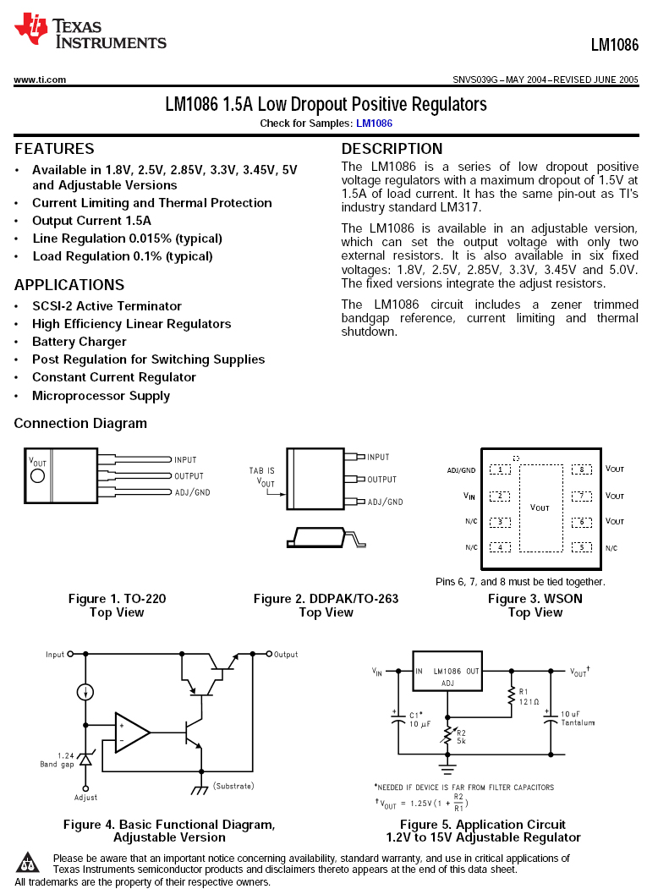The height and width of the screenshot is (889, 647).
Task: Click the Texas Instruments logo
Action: tap(90, 30)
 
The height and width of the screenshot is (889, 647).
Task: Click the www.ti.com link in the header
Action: tap(40, 80)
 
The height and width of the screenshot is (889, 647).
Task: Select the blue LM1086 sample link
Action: tap(374, 123)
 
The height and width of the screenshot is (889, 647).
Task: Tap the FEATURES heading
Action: tap(54, 149)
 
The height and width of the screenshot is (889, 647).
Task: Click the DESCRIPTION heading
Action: tap(392, 149)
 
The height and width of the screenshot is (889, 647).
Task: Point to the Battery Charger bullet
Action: tap(79, 342)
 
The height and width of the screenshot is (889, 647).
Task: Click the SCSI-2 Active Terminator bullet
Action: tap(107, 306)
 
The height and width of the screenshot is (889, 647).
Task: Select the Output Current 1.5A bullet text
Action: tap(91, 221)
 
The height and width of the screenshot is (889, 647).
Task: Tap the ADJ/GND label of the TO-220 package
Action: tap(192, 492)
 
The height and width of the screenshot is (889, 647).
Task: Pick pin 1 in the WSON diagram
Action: tap(500, 469)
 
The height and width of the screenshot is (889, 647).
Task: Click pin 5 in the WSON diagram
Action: tap(582, 547)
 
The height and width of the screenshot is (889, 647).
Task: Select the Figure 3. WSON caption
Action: tap(535, 599)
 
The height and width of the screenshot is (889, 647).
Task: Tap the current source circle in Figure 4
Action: tap(85, 693)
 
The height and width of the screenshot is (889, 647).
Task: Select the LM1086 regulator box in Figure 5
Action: tap(447, 676)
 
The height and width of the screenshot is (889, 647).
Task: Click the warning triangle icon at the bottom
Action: tap(30, 862)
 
